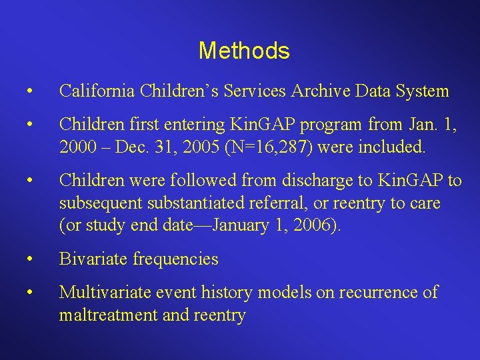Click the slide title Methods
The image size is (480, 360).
(x=244, y=51)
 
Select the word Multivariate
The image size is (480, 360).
(x=102, y=293)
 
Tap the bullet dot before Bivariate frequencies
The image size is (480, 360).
(x=27, y=259)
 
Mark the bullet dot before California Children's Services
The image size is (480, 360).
(x=27, y=91)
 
